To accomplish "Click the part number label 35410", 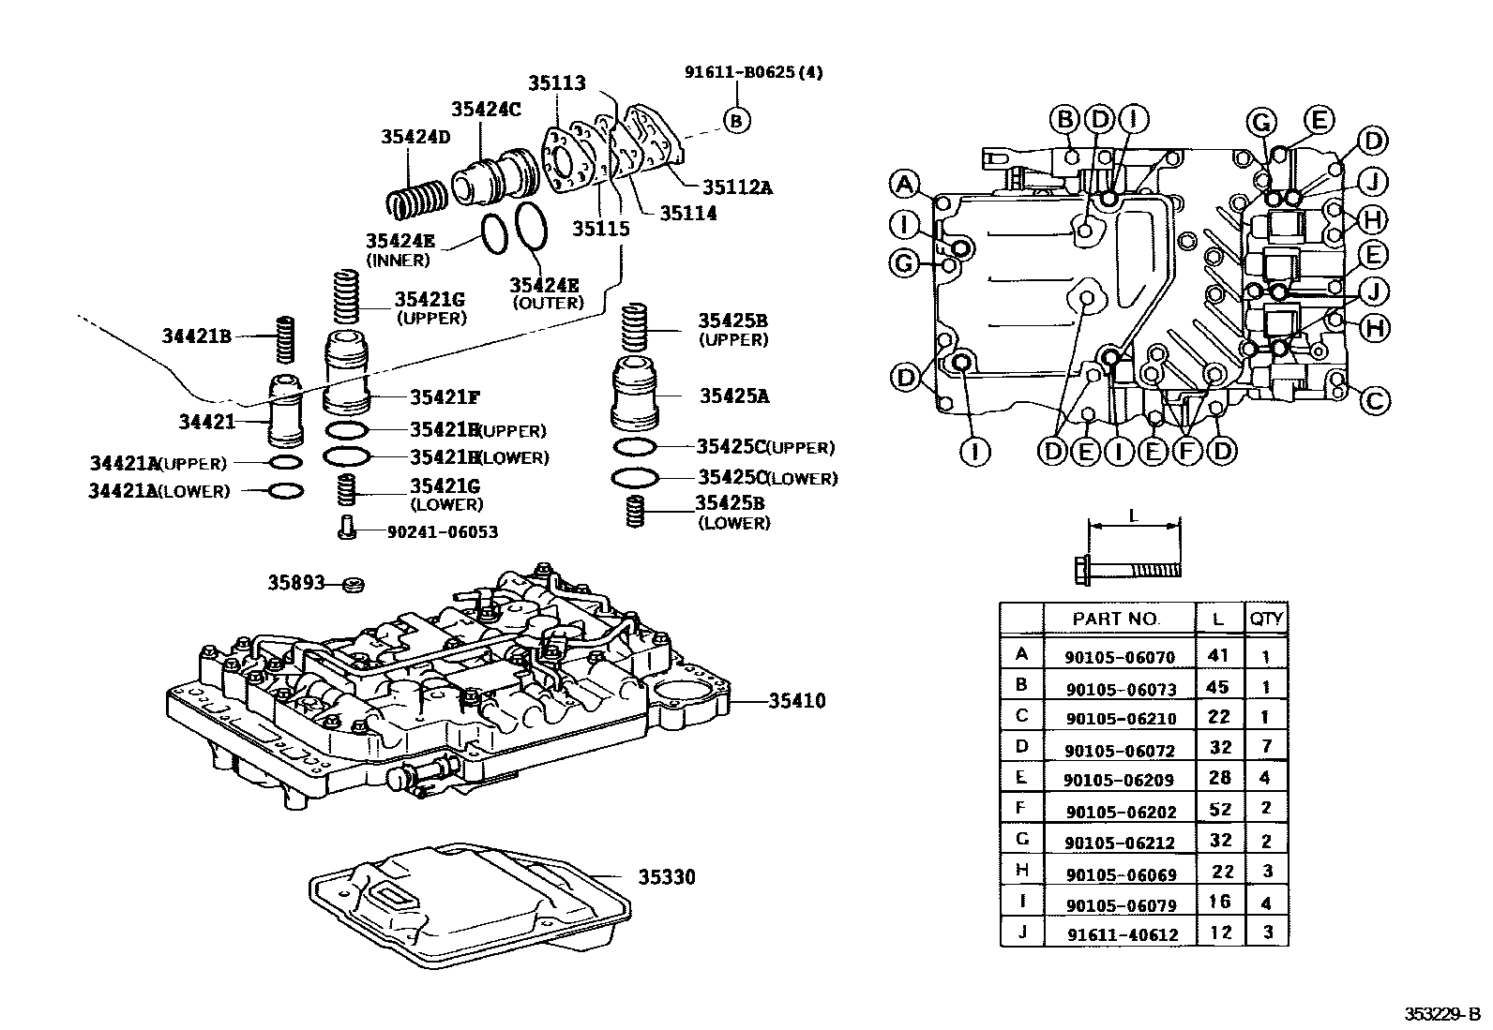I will pyautogui.click(x=797, y=701).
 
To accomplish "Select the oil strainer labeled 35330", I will pyautogui.click(x=469, y=895).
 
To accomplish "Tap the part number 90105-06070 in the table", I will pyautogui.click(x=1119, y=657).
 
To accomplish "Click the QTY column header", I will pyautogui.click(x=1266, y=619).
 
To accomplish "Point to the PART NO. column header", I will pyautogui.click(x=1116, y=619).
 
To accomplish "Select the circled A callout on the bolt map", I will pyautogui.click(x=904, y=184).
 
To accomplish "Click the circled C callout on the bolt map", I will pyautogui.click(x=1374, y=401).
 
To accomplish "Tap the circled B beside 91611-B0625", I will pyautogui.click(x=737, y=120).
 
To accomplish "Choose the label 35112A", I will pyautogui.click(x=737, y=187).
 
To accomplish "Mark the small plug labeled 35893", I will pyautogui.click(x=353, y=585).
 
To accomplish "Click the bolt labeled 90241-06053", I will pyautogui.click(x=345, y=530).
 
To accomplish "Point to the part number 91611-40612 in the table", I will pyautogui.click(x=1123, y=934).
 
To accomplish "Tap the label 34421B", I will pyautogui.click(x=196, y=335).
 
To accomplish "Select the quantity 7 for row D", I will pyautogui.click(x=1266, y=747).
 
